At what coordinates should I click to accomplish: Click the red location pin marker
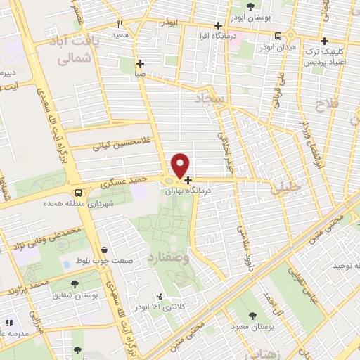[181, 166]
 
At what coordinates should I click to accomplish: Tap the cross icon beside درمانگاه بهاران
[188, 180]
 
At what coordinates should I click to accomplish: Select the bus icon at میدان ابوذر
[278, 37]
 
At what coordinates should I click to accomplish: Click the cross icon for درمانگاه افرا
[220, 26]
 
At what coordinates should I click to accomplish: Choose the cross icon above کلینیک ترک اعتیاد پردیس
[324, 41]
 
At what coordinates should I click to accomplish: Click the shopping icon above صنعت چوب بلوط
[105, 250]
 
